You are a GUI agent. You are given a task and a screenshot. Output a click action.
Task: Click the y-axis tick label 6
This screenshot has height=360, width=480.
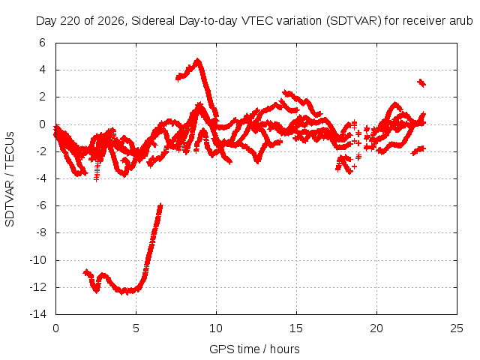click(42, 43)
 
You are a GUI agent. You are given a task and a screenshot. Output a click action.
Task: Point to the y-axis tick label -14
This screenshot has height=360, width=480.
click(38, 314)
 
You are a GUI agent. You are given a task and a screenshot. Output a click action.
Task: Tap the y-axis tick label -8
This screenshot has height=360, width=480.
click(41, 232)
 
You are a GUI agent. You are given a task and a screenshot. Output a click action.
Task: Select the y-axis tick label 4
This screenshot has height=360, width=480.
click(42, 70)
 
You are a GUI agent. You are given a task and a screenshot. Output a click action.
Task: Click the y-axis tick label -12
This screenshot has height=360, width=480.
click(38, 287)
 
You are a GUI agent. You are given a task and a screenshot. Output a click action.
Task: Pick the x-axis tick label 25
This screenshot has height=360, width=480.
click(457, 328)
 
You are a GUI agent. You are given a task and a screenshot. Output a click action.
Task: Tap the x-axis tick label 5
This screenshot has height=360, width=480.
click(136, 328)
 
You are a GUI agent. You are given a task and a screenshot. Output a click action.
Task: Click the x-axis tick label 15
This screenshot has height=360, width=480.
click(296, 328)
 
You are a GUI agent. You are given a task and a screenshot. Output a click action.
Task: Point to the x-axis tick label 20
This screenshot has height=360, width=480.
click(376, 328)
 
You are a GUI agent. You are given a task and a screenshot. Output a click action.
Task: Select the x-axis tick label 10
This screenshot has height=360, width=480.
click(216, 328)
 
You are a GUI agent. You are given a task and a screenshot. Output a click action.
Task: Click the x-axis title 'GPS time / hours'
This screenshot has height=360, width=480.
click(254, 349)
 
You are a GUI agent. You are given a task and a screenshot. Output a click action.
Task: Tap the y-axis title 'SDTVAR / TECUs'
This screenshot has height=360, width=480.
click(10, 179)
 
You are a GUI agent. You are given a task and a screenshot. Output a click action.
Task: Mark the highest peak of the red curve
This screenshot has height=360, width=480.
click(198, 59)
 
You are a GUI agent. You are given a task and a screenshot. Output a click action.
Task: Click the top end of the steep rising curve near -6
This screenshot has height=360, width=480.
click(160, 205)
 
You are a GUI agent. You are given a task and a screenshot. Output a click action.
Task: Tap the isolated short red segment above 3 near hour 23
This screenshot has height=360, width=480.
click(421, 82)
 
